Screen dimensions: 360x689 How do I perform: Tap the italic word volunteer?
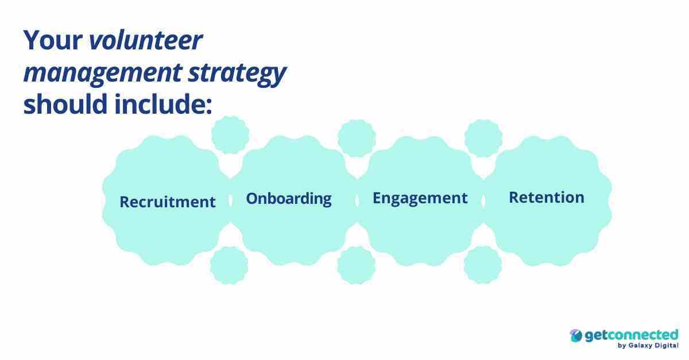click(x=146, y=41)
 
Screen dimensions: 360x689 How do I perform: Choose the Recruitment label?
click(x=168, y=202)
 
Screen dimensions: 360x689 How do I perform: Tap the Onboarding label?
click(x=289, y=199)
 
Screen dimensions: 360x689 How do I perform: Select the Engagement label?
click(x=420, y=198)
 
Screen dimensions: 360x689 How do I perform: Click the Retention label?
click(x=547, y=198)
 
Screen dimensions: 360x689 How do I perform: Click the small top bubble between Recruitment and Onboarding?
click(x=230, y=135)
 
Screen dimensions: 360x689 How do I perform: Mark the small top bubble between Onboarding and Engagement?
click(x=357, y=138)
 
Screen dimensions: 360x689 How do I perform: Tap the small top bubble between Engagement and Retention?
click(x=483, y=138)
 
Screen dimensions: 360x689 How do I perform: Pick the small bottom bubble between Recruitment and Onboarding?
click(x=229, y=265)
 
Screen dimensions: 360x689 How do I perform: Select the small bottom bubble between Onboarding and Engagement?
click(x=356, y=265)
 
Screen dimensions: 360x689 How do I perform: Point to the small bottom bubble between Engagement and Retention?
click(x=482, y=265)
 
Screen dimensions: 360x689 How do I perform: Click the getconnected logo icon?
click(x=576, y=336)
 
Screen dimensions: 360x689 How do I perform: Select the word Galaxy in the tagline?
click(x=641, y=346)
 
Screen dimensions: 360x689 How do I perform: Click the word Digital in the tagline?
click(x=667, y=346)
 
